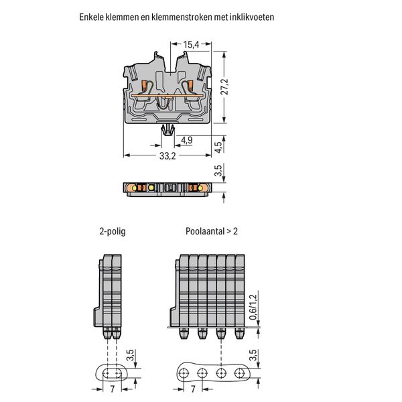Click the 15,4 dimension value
[x=191, y=45]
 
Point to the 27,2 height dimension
[x=224, y=87]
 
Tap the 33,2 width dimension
[x=167, y=155]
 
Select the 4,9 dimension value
[x=187, y=140]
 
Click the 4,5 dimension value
[x=218, y=147]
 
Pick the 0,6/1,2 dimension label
[x=253, y=307]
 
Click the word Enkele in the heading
[x=91, y=17]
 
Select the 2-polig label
[x=113, y=231]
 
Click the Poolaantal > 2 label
[x=212, y=231]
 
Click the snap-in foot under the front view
[x=167, y=130]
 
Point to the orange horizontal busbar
[x=167, y=96]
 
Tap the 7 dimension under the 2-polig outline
[x=113, y=389]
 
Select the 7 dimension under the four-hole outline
[x=193, y=389]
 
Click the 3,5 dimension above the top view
[x=218, y=171]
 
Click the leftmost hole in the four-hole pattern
[x=184, y=373]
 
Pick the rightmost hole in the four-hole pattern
[x=239, y=373]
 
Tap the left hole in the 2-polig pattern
[x=107, y=373]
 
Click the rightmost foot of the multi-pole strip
[x=239, y=333]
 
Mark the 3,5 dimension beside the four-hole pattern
[x=253, y=355]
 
